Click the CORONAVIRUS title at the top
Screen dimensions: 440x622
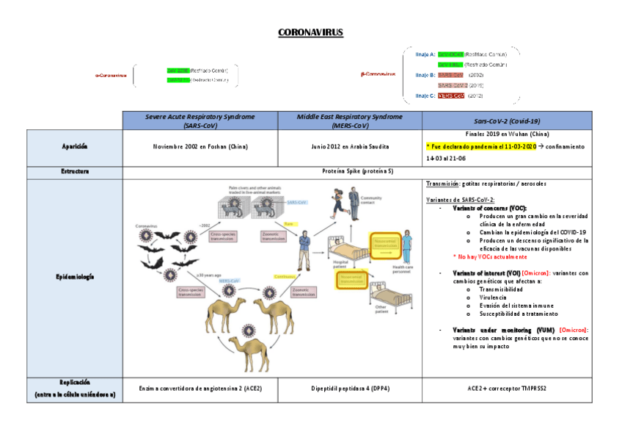[x=310, y=32]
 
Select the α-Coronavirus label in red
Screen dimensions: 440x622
[x=111, y=75]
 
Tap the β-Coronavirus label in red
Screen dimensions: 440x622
[x=378, y=73]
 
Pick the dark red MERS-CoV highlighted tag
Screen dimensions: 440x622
[x=451, y=95]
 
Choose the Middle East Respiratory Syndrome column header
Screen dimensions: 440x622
[x=349, y=120]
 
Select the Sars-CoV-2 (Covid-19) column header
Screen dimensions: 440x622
[x=506, y=120]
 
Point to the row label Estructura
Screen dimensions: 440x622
[x=75, y=171]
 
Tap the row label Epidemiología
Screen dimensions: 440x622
[x=75, y=277]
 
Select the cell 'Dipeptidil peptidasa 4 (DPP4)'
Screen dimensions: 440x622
[x=349, y=388]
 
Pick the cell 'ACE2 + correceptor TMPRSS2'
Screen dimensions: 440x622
[x=506, y=388]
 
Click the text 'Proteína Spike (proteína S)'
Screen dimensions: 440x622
[x=358, y=171]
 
